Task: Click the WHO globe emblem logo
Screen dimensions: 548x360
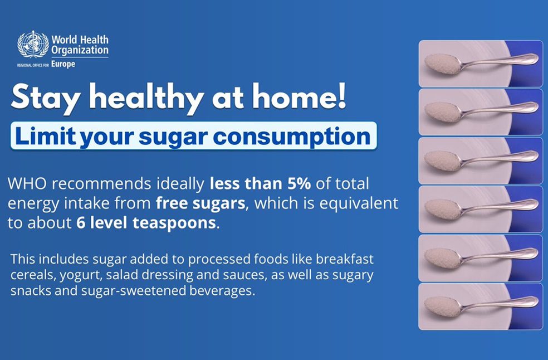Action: [33, 44]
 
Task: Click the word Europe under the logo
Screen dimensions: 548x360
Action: [63, 64]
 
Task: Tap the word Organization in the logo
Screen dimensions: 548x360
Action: [80, 50]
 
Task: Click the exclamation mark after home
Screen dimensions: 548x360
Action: [341, 95]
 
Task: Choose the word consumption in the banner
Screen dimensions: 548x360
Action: [291, 137]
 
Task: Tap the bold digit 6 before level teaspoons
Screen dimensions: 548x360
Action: [81, 223]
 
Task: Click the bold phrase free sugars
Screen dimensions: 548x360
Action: [200, 203]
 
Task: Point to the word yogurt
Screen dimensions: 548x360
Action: [80, 276]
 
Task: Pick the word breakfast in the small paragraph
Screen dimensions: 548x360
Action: [345, 259]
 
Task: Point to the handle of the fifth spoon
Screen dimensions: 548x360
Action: [500, 256]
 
